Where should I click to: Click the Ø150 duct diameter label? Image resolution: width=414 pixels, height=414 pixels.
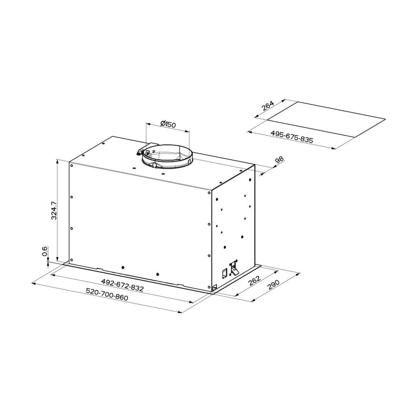click(x=168, y=124)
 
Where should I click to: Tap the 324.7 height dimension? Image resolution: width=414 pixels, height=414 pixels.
click(x=54, y=210)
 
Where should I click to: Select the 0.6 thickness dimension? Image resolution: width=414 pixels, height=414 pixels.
click(x=44, y=251)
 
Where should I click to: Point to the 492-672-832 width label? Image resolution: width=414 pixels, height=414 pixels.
click(x=122, y=285)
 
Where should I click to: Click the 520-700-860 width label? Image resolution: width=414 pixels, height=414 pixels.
click(x=107, y=294)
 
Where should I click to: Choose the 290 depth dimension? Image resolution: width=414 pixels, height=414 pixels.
click(x=273, y=285)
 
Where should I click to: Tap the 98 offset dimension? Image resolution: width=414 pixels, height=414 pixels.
click(x=279, y=160)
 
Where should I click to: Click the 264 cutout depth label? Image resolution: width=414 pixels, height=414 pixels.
click(x=268, y=106)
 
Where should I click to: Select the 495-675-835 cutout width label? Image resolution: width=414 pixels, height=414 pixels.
click(x=291, y=137)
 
